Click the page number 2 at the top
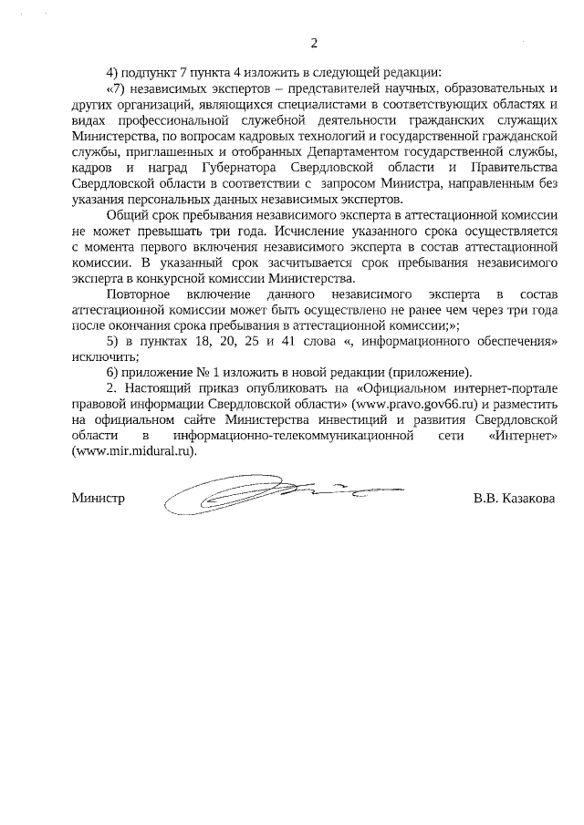point(314,43)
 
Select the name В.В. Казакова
point(514,499)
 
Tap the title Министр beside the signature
point(98,499)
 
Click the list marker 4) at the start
point(114,72)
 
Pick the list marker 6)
point(114,372)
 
